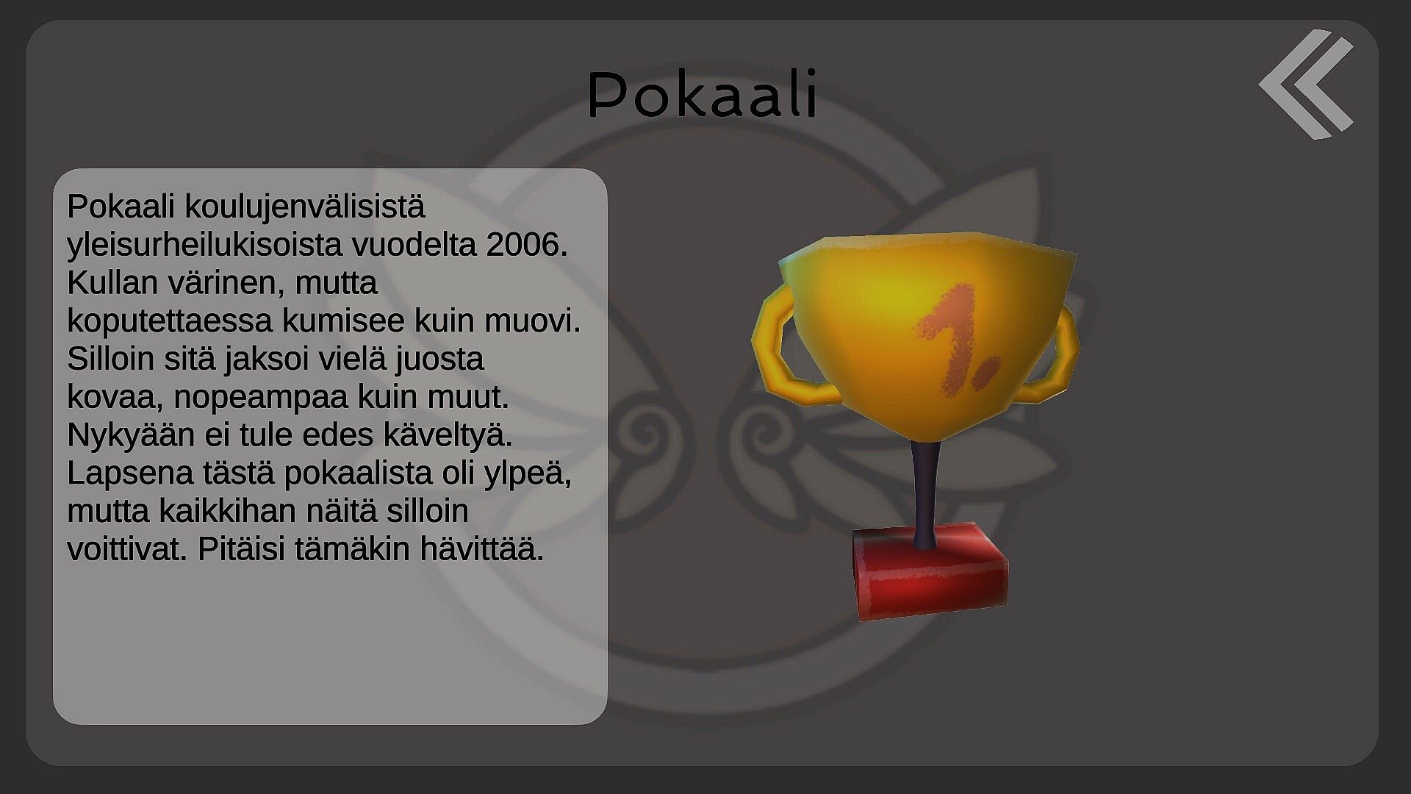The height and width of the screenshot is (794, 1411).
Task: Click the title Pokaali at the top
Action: [x=703, y=95]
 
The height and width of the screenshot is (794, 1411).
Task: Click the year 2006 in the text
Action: [x=527, y=245]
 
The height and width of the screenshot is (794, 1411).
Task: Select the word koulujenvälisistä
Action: [x=304, y=207]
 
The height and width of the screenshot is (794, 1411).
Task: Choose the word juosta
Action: [x=439, y=360]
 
